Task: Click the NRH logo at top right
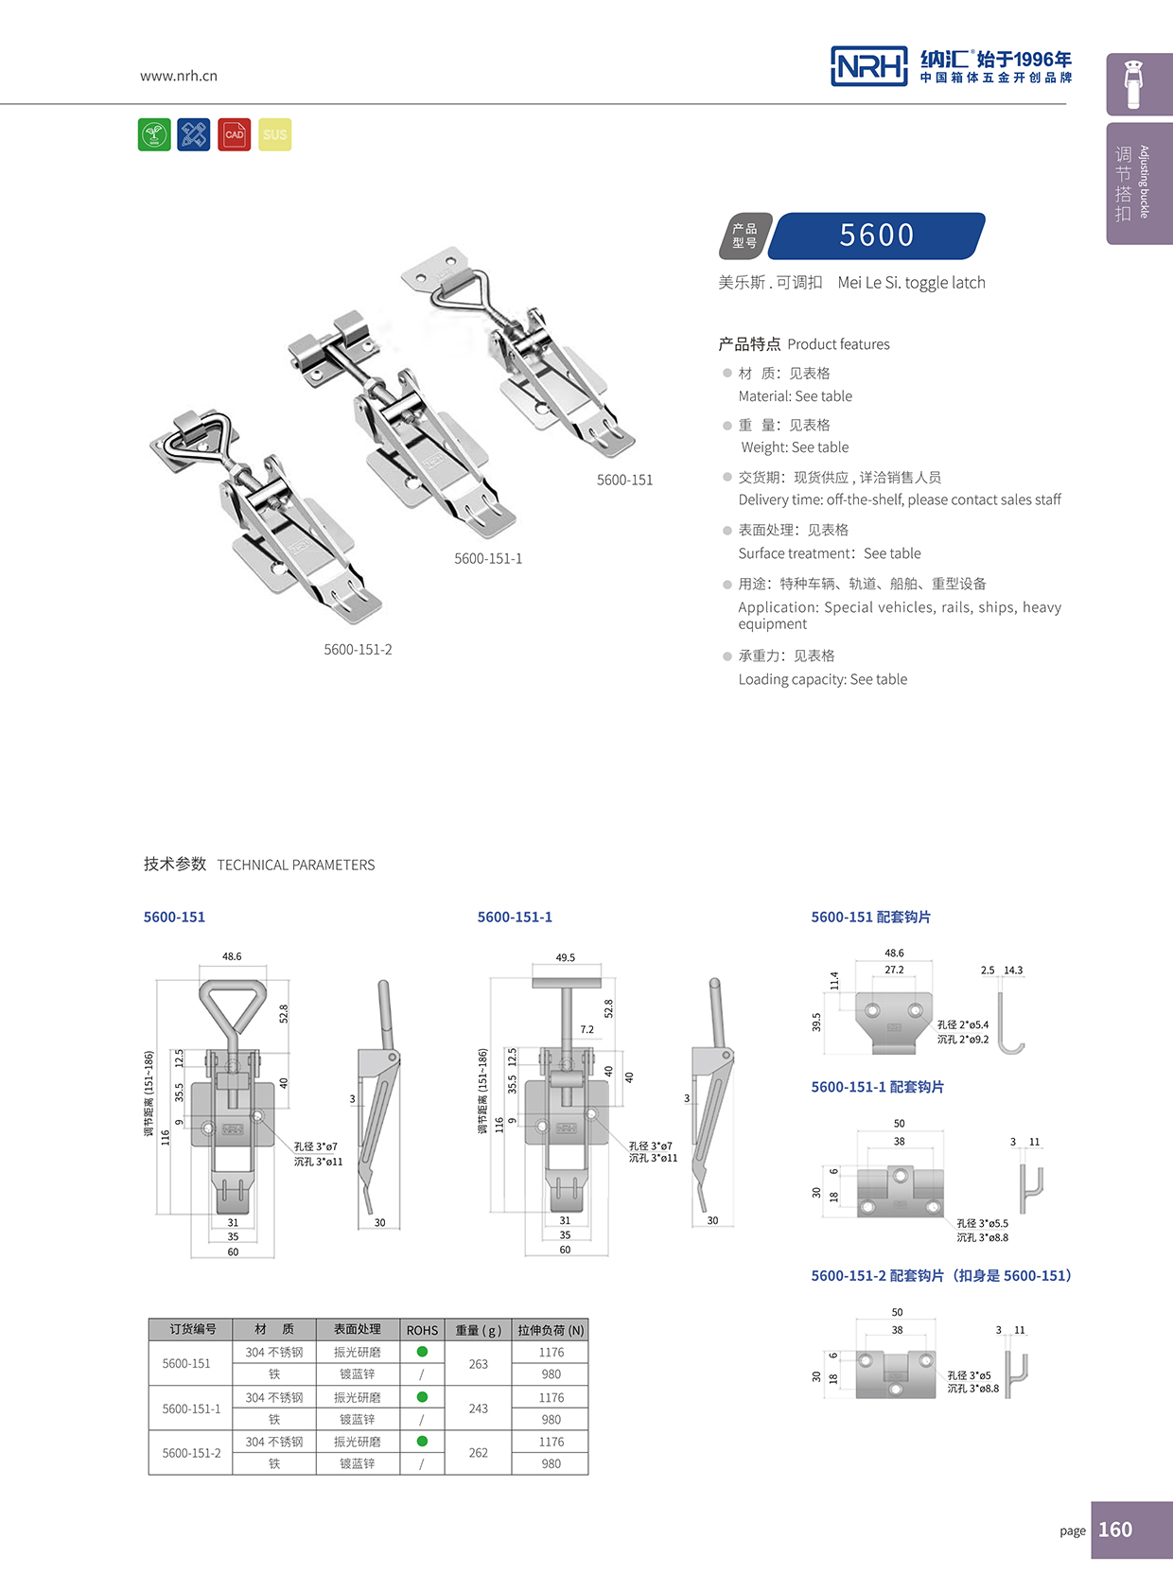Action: tap(868, 65)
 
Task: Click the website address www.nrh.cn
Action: tap(179, 76)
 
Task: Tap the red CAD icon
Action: tap(234, 134)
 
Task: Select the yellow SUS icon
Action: tap(274, 134)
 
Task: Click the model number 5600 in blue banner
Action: tap(876, 236)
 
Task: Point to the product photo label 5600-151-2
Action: tap(358, 649)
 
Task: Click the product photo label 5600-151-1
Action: tap(488, 558)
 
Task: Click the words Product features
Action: tap(838, 344)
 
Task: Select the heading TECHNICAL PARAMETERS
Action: tap(295, 865)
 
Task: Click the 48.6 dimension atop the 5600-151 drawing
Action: tap(232, 956)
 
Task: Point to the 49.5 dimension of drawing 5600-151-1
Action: tap(565, 957)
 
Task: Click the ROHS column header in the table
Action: tap(422, 1330)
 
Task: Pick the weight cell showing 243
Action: tap(479, 1408)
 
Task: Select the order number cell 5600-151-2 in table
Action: tap(191, 1453)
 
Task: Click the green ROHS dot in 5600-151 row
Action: tap(422, 1352)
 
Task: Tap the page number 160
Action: tap(1115, 1530)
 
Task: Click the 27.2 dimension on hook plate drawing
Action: tap(894, 970)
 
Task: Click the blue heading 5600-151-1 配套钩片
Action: tap(877, 1087)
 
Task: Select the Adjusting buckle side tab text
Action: tap(1144, 182)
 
